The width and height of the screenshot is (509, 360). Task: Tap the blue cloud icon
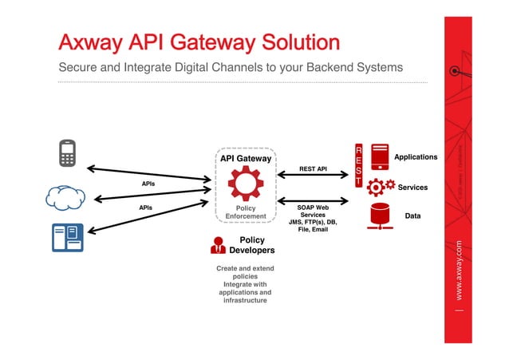pos(65,197)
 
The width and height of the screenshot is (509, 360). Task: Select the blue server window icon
pos(68,237)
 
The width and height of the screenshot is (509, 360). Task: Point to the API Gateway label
pos(245,159)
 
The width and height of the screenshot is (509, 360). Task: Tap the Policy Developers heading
pos(252,245)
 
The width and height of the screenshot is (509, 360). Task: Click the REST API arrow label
pos(313,169)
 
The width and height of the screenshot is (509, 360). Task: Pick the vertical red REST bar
pos(358,166)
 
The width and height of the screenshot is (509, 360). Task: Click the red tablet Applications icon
pos(380,156)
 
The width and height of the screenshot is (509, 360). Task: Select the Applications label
pos(416,157)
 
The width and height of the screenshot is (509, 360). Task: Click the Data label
pos(413,216)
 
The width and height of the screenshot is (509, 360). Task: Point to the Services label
pos(412,188)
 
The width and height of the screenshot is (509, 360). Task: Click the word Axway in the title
pos(89,42)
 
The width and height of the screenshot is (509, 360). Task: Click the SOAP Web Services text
pos(313,212)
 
